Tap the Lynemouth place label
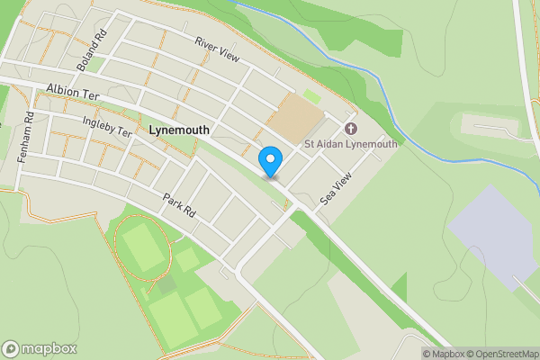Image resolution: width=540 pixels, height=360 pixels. (x=180, y=130)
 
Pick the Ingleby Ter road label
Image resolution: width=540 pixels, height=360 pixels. (x=106, y=127)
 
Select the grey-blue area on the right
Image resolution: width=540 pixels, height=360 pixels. (x=496, y=233)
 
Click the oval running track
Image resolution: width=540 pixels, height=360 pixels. (x=142, y=247)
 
